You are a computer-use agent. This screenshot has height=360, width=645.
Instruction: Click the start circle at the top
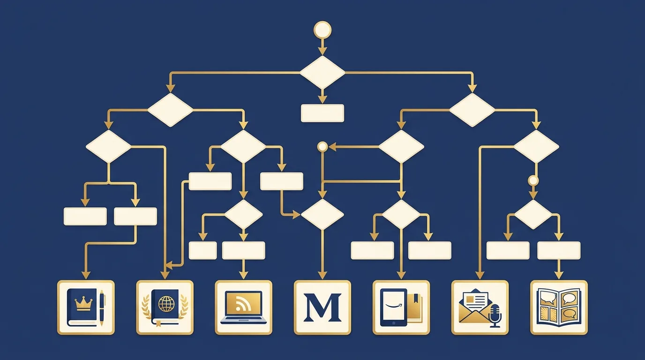tap(322, 30)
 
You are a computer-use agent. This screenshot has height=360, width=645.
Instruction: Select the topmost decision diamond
tap(322, 72)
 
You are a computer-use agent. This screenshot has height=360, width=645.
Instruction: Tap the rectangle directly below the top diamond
tap(322, 113)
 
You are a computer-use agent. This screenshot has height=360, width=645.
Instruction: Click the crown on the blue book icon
tap(83, 304)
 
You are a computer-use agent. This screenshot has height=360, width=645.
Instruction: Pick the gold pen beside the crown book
tap(102, 308)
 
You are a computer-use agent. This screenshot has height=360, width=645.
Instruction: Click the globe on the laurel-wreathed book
tap(166, 304)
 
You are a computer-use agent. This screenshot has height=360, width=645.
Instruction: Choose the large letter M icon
tap(322, 307)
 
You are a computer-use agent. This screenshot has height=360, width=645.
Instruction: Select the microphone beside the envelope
tap(495, 315)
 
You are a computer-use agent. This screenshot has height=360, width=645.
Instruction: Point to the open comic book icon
tap(559, 307)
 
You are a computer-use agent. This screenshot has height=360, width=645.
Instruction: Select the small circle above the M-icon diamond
tap(322, 147)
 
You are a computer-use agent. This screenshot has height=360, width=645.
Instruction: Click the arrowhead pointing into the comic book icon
tap(559, 275)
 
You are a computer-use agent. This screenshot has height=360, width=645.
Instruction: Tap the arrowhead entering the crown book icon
tap(86, 275)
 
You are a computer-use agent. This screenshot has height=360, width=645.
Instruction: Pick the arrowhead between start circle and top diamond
tap(322, 51)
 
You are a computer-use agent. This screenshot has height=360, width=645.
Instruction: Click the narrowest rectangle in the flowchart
tap(202, 250)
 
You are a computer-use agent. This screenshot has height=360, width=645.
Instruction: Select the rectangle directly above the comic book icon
tap(559, 250)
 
